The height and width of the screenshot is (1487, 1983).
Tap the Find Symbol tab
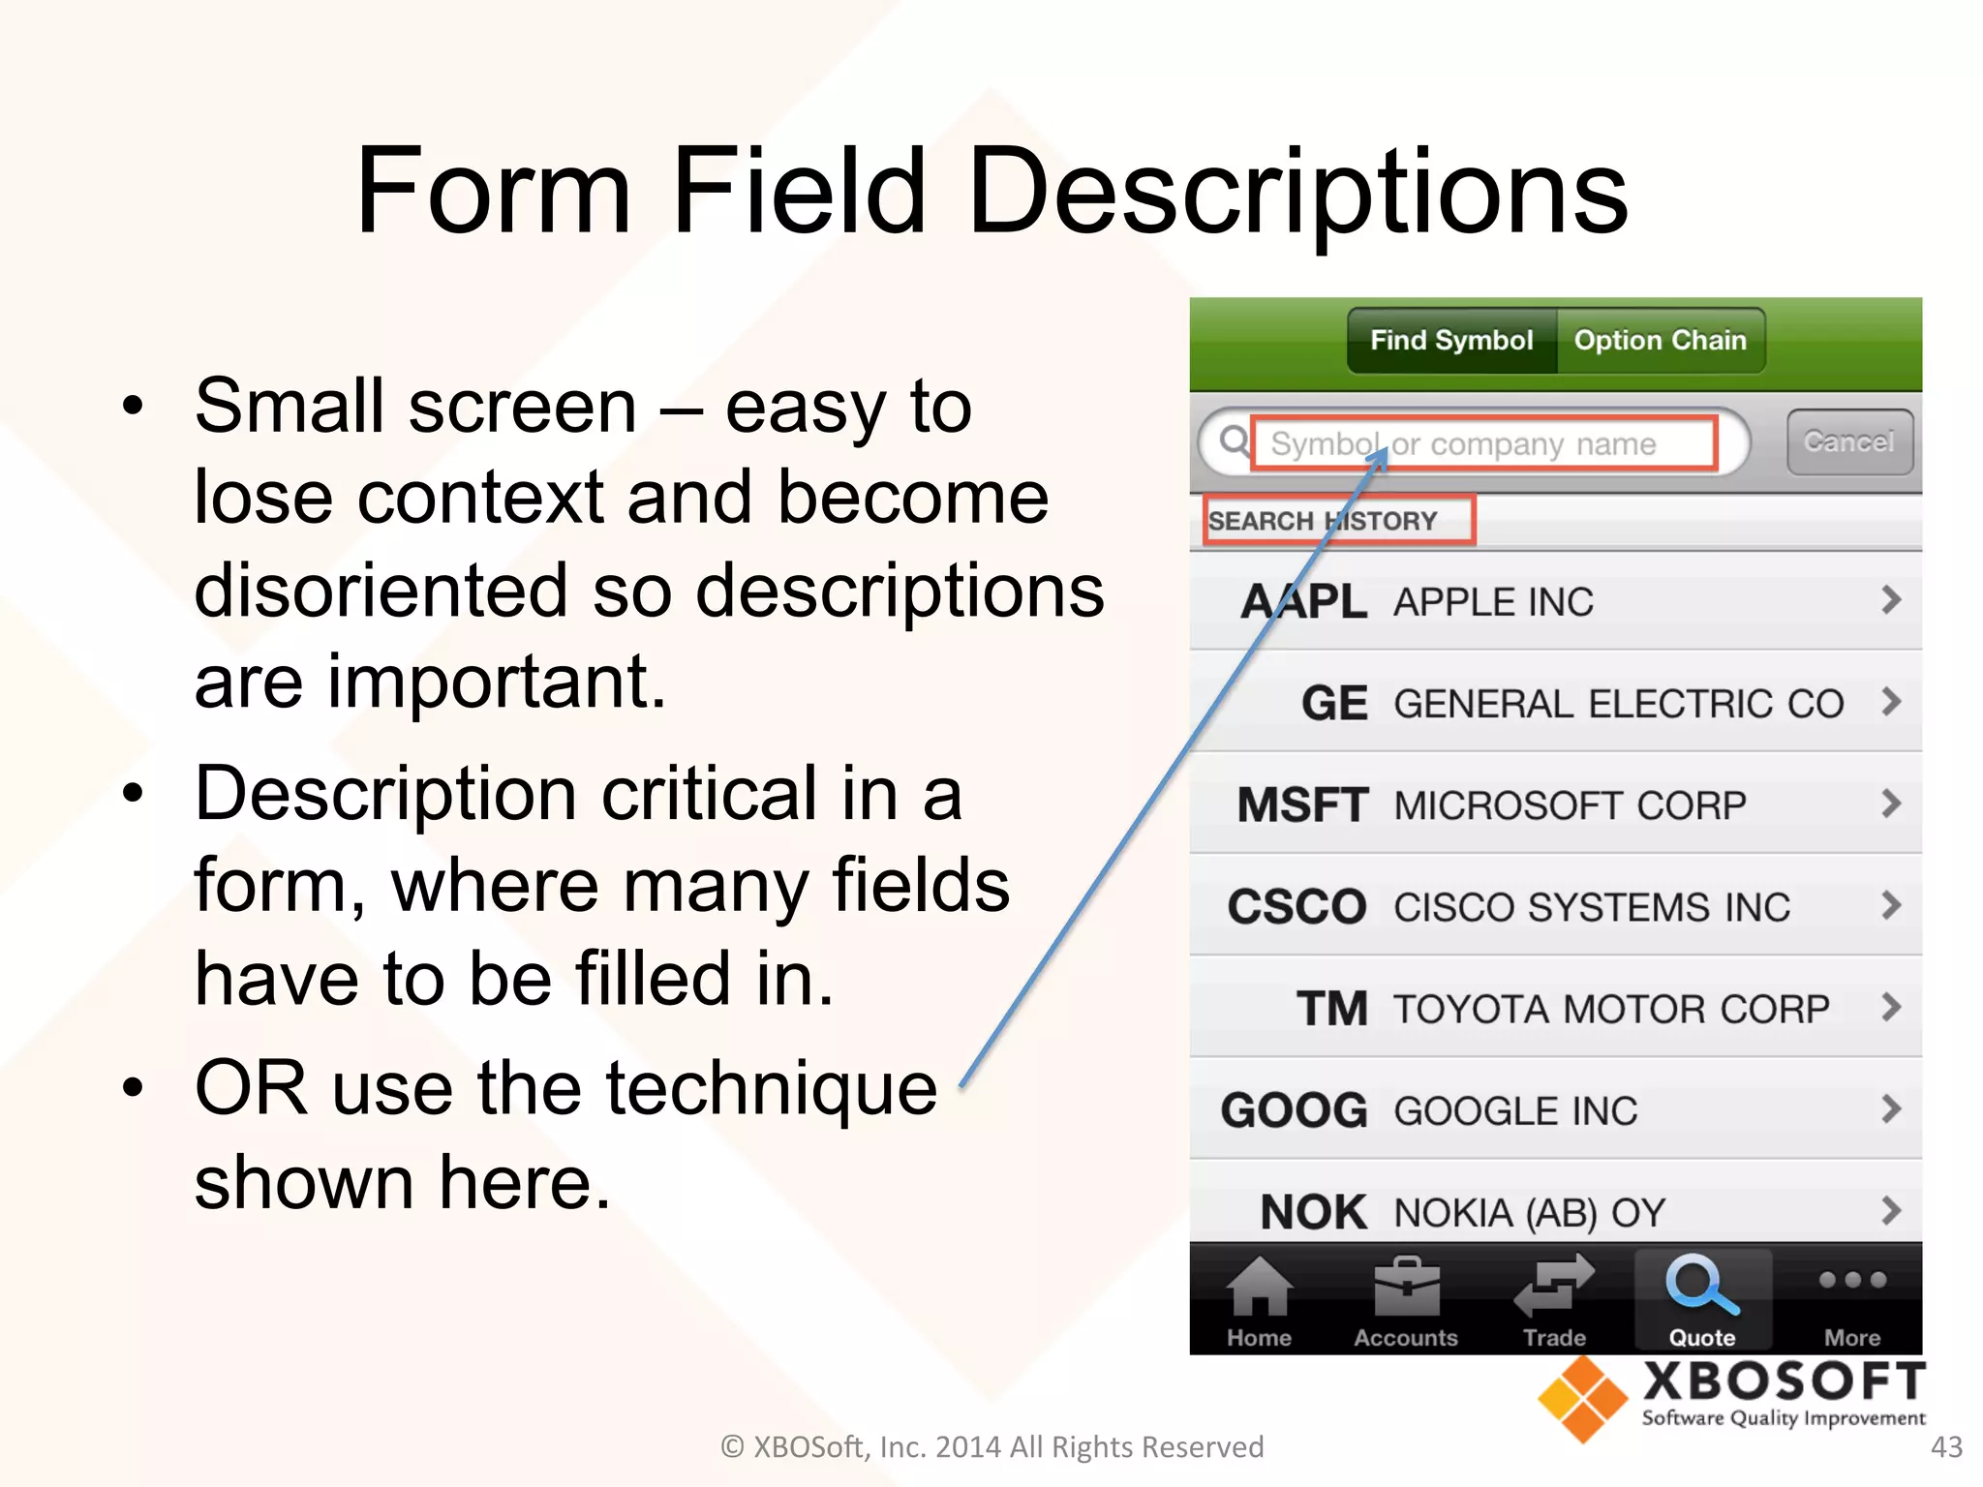(1451, 341)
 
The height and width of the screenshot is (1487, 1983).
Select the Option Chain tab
(1660, 341)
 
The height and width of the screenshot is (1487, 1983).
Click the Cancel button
(1849, 442)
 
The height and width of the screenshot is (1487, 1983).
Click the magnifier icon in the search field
(1234, 441)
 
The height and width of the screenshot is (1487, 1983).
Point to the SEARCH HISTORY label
(1323, 521)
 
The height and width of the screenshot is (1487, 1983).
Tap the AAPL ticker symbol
(1303, 601)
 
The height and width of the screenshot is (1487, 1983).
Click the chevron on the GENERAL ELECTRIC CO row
(1890, 701)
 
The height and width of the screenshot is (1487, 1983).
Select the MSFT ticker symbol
(1302, 805)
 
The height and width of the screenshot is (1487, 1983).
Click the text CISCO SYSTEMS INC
(1592, 907)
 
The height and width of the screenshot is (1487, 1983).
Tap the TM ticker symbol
(1332, 1009)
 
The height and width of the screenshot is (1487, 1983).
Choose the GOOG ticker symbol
(1295, 1110)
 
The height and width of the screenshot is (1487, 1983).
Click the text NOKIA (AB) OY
(1530, 1213)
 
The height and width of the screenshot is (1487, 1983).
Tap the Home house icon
(1259, 1287)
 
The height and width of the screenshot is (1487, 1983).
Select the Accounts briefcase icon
(1406, 1287)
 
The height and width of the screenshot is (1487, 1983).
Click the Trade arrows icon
(1554, 1285)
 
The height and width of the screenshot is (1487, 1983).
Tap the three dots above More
(1852, 1280)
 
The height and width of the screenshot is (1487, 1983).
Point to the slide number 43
(1946, 1446)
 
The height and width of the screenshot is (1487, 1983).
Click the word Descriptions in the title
(1297, 191)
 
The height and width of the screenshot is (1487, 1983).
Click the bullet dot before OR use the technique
(133, 1088)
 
